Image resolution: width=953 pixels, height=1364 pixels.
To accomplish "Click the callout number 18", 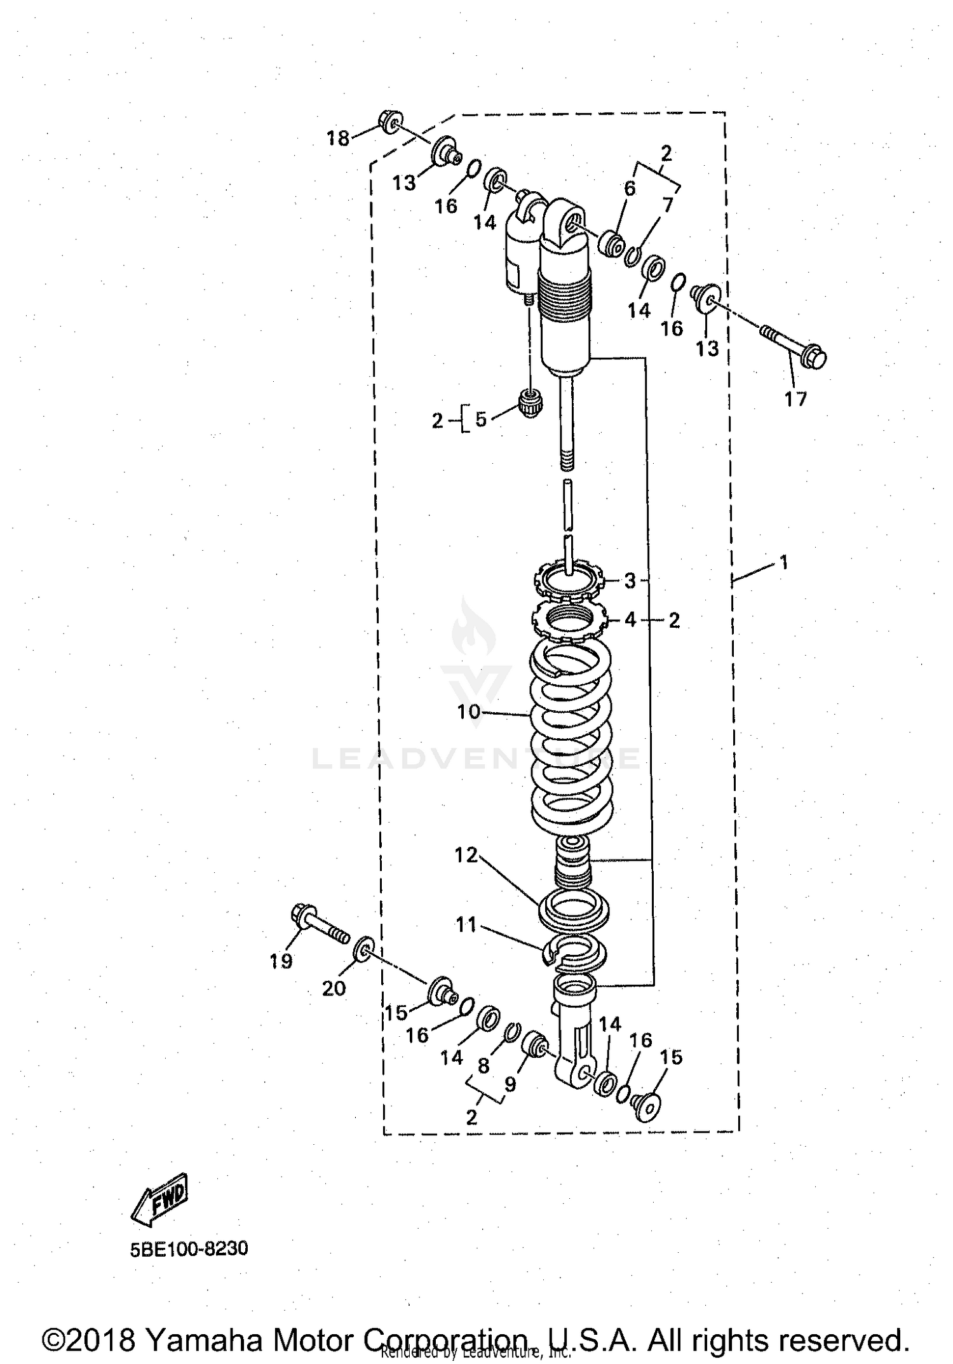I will (338, 138).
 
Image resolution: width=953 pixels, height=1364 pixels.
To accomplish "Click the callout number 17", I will (795, 399).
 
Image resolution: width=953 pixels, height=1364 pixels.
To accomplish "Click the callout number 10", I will (469, 712).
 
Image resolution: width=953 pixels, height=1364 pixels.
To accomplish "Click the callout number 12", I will (466, 855).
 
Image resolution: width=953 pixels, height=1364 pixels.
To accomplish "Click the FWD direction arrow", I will (159, 1198).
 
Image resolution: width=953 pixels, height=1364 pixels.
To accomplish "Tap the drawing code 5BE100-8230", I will (189, 1248).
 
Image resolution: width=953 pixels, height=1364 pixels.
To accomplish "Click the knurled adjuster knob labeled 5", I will (531, 403).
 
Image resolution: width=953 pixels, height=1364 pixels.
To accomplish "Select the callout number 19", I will (281, 961).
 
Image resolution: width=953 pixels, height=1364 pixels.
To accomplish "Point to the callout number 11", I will (466, 924).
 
